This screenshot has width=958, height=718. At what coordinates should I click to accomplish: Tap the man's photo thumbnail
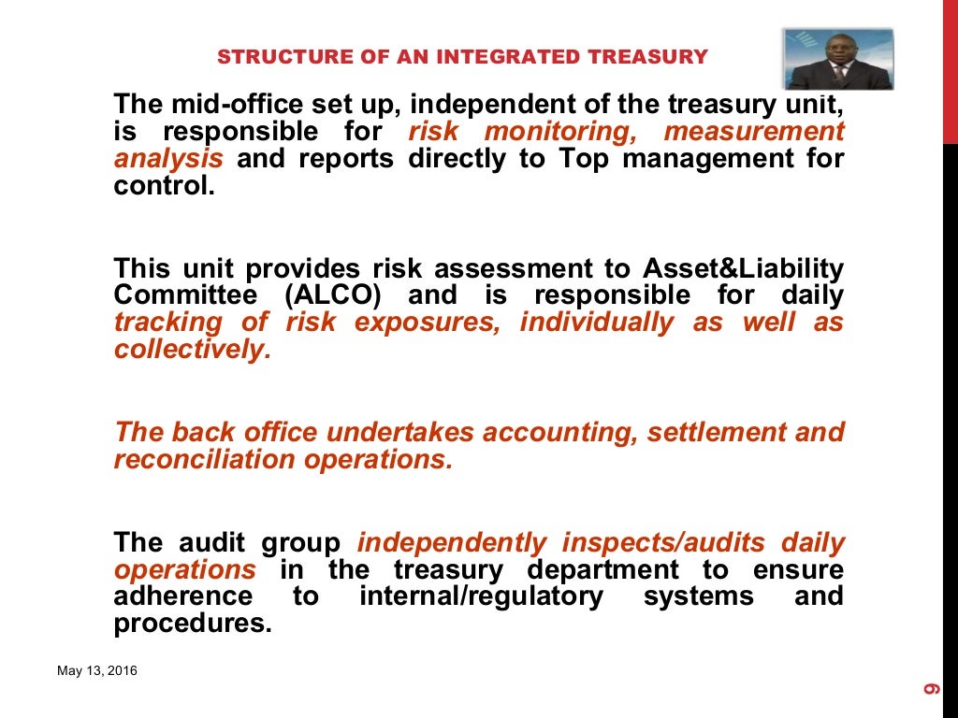tap(837, 59)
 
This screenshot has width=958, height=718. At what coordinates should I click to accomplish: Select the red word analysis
tap(168, 158)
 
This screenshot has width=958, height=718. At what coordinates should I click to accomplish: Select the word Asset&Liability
tap(743, 269)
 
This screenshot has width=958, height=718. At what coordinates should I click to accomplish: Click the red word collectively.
tap(194, 351)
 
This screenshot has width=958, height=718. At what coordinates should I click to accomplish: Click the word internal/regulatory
tap(481, 596)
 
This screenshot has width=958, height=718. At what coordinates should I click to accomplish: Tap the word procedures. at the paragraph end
tap(193, 624)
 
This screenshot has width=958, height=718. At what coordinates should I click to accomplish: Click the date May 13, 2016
tap(97, 670)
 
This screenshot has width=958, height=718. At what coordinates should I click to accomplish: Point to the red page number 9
tap(932, 690)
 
